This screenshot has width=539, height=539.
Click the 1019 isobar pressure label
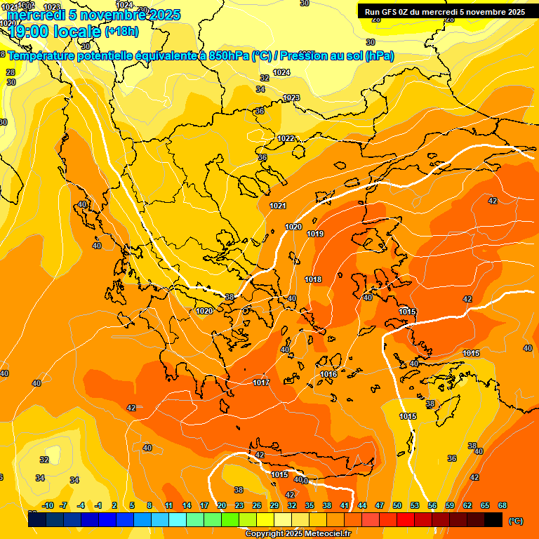(315, 234)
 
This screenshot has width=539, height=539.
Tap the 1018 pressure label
(313, 279)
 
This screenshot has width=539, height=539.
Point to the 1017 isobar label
(261, 382)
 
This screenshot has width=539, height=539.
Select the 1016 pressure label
(328, 374)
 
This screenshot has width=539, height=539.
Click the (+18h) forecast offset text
(121, 32)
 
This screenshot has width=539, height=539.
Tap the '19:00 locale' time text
(55, 32)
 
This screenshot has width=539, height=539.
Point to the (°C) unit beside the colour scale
(515, 520)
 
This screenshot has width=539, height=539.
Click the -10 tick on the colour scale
(48, 505)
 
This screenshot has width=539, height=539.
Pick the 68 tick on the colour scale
(503, 505)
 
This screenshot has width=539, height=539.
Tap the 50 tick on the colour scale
(397, 505)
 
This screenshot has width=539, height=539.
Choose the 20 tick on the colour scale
(221, 505)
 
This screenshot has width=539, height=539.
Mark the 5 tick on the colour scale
(132, 505)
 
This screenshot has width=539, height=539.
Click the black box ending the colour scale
(493, 519)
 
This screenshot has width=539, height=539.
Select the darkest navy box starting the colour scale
(37, 519)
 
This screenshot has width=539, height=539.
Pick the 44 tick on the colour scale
(362, 505)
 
